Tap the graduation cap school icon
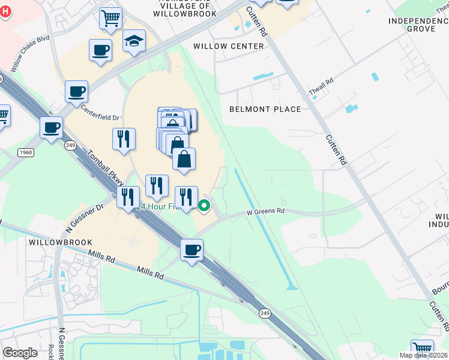134,41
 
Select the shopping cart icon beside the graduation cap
110,19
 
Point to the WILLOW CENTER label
229,46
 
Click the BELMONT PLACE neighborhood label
265,109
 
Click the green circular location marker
204,206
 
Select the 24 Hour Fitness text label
159,206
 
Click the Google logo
20,353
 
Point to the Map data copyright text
424,355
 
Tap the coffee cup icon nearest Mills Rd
191,250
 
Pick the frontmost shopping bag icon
184,160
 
